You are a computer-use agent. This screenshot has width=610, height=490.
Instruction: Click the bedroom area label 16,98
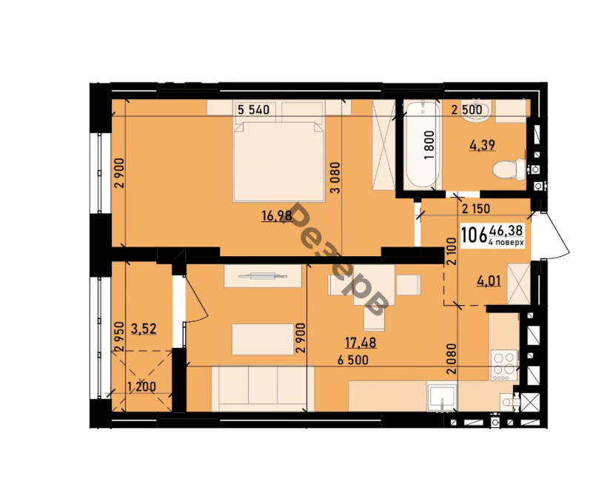pyautogui.click(x=277, y=215)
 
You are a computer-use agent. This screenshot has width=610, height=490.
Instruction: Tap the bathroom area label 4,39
pyautogui.click(x=483, y=145)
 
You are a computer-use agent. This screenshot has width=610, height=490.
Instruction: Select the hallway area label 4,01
pyautogui.click(x=489, y=281)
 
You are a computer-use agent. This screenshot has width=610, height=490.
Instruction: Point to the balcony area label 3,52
pyautogui.click(x=144, y=329)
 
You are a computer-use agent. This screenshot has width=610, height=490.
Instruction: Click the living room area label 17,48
pyautogui.click(x=361, y=343)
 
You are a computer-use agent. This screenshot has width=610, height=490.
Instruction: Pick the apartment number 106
pyautogui.click(x=474, y=235)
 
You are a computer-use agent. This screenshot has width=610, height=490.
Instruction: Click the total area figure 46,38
pyautogui.click(x=506, y=231)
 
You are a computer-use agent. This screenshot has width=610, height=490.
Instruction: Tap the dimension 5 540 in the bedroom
pyautogui.click(x=253, y=110)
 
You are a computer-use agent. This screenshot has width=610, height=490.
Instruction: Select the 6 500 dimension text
pyautogui.click(x=353, y=360)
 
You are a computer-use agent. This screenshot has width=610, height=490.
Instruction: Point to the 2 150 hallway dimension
pyautogui.click(x=476, y=209)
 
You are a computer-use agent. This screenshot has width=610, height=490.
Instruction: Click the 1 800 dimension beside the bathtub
pyautogui.click(x=429, y=145)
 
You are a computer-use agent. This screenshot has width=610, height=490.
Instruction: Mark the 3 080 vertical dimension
pyautogui.click(x=335, y=178)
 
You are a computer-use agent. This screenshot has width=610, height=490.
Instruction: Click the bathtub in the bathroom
pyautogui.click(x=422, y=144)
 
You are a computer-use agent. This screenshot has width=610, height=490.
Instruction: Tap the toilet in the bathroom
pyautogui.click(x=509, y=170)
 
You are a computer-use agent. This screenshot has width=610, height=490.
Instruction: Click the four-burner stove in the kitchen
pyautogui.click(x=504, y=366)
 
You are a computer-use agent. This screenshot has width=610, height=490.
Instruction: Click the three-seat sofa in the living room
pyautogui.click(x=263, y=389)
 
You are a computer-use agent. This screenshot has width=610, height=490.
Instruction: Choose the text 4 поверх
pyautogui.click(x=506, y=242)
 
